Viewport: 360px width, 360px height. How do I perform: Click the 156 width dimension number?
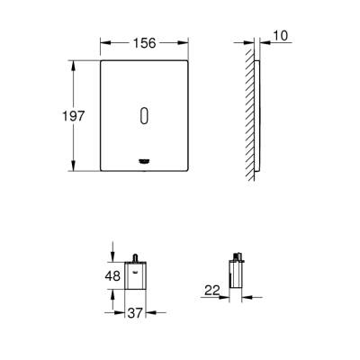coord(145,40)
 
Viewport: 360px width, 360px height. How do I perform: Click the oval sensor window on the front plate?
coord(145,115)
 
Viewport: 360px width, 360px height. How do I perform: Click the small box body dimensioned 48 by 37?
coord(135,277)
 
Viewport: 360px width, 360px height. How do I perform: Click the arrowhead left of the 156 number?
coord(103,40)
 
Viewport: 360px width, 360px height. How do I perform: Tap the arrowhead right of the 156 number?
coord(185,40)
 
